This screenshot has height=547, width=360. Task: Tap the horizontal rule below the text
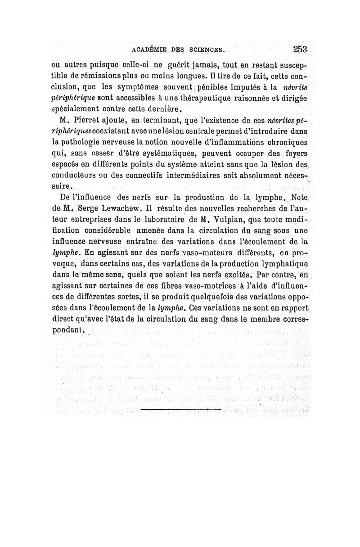[180, 410]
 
